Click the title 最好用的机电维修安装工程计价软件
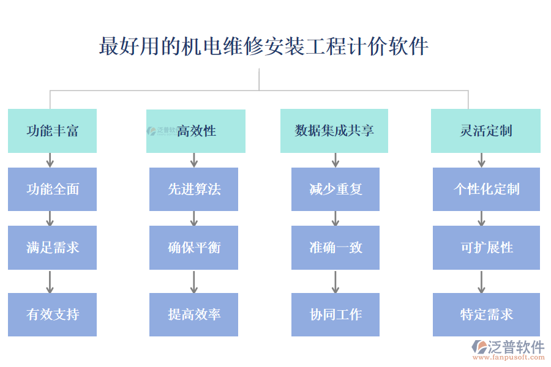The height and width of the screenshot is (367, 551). coord(263,46)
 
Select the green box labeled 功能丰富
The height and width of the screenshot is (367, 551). coord(52,131)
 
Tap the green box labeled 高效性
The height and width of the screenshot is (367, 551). coord(196,131)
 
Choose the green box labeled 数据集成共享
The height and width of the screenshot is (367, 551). coord(334,131)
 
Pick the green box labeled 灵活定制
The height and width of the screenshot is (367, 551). coord(485,131)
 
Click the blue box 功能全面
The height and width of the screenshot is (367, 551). coord(52,190)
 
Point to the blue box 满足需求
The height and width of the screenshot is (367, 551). coord(52,248)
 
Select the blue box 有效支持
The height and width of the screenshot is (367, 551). coord(52,314)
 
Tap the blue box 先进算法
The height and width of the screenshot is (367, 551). coord(193,190)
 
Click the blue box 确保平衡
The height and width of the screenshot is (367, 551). coord(193,248)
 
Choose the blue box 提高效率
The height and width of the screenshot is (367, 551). coord(193,314)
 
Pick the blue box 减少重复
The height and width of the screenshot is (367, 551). coord(335,190)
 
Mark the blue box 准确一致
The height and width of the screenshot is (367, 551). coord(335,248)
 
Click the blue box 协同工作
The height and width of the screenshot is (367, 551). coord(335,314)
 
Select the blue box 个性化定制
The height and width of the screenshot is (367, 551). coord(486,190)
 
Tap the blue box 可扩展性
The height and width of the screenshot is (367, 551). coord(486,248)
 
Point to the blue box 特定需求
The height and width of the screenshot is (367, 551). coord(486,314)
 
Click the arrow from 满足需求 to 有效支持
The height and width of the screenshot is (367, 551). coord(50,281)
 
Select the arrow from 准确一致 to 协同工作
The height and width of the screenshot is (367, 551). coord(335,281)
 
